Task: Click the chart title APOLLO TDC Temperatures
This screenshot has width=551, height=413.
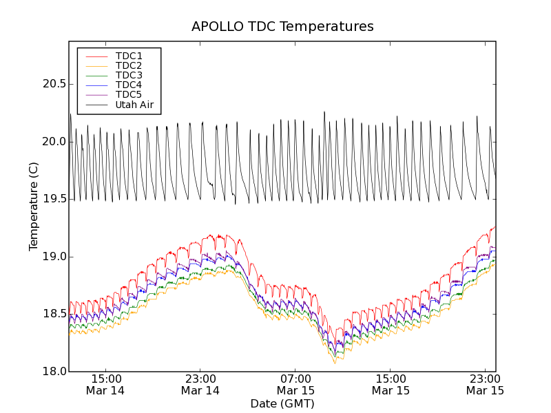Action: click(282, 27)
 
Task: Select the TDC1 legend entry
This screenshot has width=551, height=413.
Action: click(129, 56)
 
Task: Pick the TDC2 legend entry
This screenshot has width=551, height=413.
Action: click(129, 65)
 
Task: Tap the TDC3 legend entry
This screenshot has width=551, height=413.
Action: click(129, 75)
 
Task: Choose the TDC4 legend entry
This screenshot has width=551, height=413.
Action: click(129, 85)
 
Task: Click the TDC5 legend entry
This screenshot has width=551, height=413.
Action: click(129, 94)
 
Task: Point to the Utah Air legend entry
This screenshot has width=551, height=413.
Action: click(134, 105)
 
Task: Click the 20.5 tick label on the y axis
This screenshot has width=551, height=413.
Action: click(52, 84)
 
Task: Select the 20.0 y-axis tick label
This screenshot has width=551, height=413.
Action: click(52, 142)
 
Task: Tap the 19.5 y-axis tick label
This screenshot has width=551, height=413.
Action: click(52, 199)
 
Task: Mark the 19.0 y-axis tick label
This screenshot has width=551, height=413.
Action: click(52, 257)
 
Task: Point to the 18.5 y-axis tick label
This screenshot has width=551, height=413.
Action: click(52, 314)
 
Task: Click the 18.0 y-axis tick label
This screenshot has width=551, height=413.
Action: click(52, 372)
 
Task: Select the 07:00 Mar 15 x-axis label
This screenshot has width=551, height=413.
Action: click(295, 385)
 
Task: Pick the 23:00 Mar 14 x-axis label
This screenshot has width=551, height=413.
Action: click(200, 385)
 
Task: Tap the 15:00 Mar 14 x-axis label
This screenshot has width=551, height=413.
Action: click(105, 385)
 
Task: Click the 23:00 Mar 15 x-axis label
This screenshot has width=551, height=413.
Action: click(486, 385)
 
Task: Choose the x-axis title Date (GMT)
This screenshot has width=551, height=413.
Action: click(282, 403)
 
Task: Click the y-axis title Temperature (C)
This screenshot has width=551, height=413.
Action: click(34, 206)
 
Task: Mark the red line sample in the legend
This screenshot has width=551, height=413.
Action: click(95, 56)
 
